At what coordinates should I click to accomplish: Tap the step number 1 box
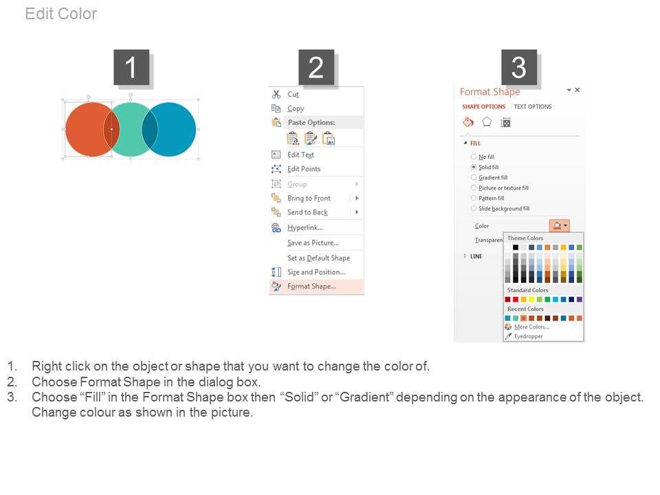(131, 67)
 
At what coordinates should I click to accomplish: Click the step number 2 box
(316, 67)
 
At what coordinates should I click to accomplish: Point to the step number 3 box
(518, 67)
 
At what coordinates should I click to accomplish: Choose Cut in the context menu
(293, 94)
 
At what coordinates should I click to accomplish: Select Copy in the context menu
(296, 108)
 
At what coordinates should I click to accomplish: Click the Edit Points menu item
(303, 169)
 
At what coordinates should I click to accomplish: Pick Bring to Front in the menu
(309, 198)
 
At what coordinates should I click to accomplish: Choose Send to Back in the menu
(307, 212)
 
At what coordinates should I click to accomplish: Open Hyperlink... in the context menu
(305, 228)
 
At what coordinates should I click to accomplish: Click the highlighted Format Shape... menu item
(311, 286)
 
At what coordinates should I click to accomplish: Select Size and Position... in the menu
(316, 272)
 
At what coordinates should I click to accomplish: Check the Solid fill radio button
(474, 167)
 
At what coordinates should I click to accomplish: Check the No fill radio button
(474, 157)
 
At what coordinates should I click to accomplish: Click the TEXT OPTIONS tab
(532, 107)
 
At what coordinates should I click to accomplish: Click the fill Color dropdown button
(560, 225)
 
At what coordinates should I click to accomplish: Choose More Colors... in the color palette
(531, 327)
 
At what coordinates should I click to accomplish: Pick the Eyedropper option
(528, 336)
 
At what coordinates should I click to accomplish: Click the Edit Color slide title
(61, 14)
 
